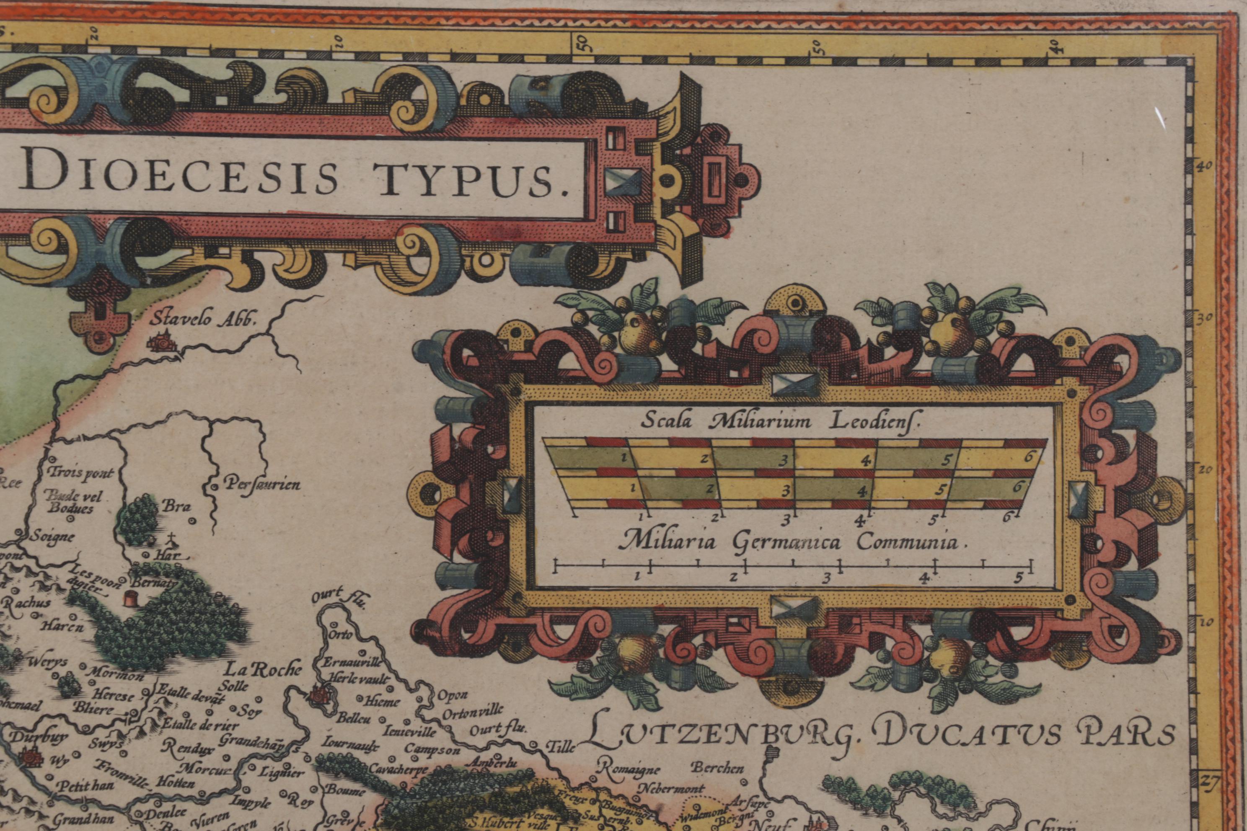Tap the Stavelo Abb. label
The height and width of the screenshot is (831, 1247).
[x=202, y=320]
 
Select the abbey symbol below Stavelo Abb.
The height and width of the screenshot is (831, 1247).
[x=162, y=343]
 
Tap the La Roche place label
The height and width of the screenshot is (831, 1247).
[x=264, y=669]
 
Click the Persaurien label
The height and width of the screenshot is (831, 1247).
[x=262, y=484]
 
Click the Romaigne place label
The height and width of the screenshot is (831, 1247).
[x=630, y=769]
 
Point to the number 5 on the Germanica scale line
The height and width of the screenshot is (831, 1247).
[x=1017, y=578]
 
